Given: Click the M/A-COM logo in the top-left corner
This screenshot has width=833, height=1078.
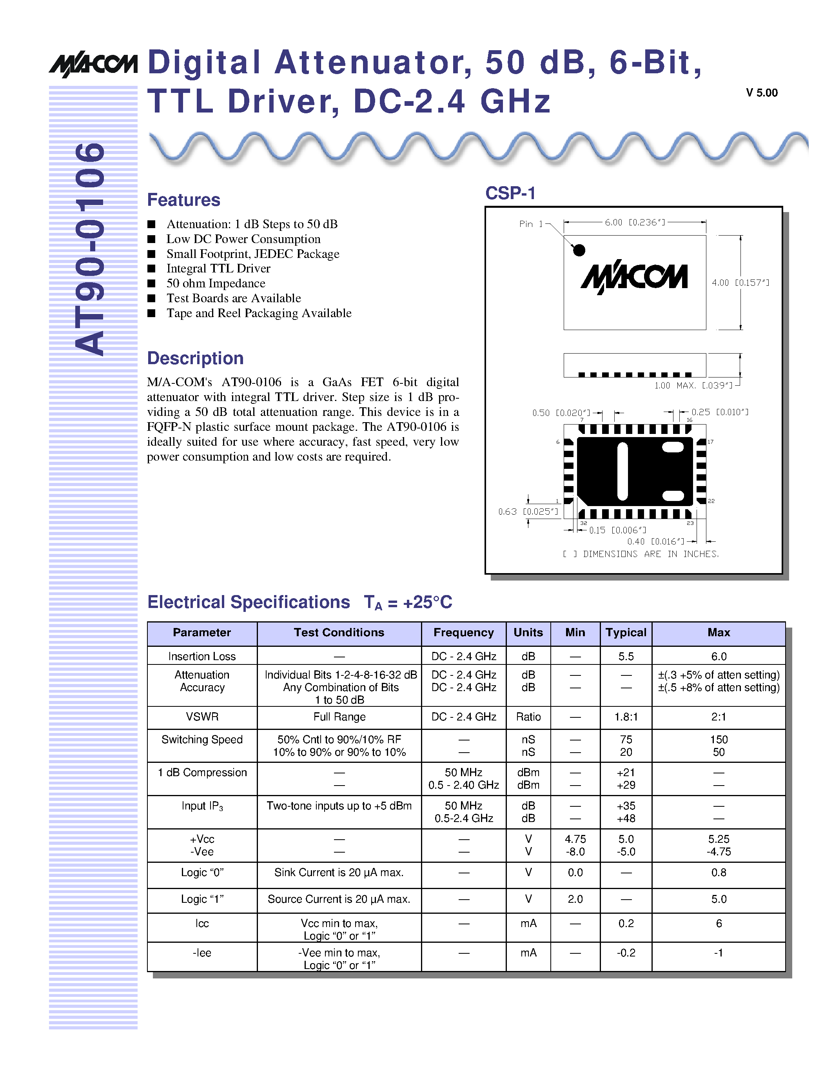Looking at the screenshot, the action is (93, 64).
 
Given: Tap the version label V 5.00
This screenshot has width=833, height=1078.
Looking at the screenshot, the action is (761, 93).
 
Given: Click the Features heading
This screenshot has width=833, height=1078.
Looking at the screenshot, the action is (183, 200).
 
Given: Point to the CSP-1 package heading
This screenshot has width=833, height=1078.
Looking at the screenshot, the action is (510, 193).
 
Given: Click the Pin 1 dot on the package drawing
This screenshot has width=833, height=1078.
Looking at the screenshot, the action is (579, 250).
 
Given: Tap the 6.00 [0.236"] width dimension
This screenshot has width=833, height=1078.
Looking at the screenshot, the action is (635, 223).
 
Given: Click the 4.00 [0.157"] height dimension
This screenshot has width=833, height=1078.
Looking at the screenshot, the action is (740, 283).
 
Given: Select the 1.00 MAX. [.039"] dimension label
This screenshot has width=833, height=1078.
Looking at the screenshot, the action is (693, 385).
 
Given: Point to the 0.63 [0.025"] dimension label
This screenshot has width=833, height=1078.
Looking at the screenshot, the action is (528, 512).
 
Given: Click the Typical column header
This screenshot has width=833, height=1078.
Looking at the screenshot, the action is (626, 633).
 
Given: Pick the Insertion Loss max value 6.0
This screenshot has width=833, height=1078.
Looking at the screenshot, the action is (719, 657).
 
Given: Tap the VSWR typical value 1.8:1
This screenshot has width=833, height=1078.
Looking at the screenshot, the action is (626, 717).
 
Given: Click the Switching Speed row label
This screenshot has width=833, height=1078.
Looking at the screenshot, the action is (202, 739).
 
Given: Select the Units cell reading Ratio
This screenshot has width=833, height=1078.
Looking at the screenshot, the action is (528, 717).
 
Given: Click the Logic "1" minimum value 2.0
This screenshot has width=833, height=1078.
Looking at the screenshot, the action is (575, 899).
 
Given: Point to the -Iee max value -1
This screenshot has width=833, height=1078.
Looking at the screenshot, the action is (719, 953).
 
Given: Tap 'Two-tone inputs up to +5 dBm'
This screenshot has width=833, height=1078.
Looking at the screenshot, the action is (339, 806).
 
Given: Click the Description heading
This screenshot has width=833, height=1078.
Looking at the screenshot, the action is (196, 358).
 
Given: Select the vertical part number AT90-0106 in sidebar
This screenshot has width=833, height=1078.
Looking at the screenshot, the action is (90, 249).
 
